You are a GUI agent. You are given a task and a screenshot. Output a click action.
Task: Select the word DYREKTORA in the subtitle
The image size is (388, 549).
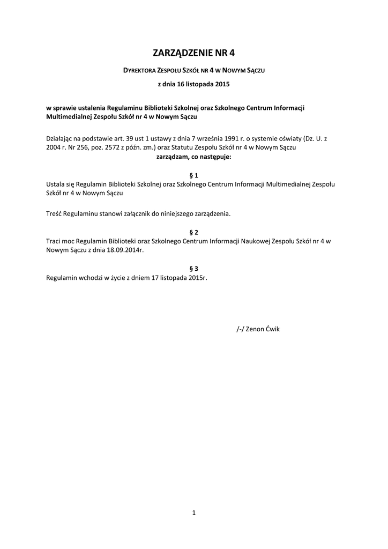pyautogui.click(x=140, y=70)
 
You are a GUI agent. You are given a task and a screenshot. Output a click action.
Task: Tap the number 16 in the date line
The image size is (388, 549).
pyautogui.click(x=181, y=84)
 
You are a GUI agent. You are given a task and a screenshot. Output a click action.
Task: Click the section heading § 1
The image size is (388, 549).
pyautogui.click(x=194, y=175)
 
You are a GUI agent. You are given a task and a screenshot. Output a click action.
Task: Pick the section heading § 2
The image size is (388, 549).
pyautogui.click(x=194, y=232)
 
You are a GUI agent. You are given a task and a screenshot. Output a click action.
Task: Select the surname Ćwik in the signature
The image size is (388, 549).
pyautogui.click(x=273, y=329)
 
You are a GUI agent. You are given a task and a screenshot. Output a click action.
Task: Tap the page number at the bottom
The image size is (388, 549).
pyautogui.click(x=194, y=513)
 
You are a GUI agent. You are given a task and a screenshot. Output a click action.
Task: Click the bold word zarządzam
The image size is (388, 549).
pyautogui.click(x=170, y=157)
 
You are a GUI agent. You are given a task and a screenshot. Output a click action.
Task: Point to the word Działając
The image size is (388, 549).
pyautogui.click(x=61, y=138)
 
